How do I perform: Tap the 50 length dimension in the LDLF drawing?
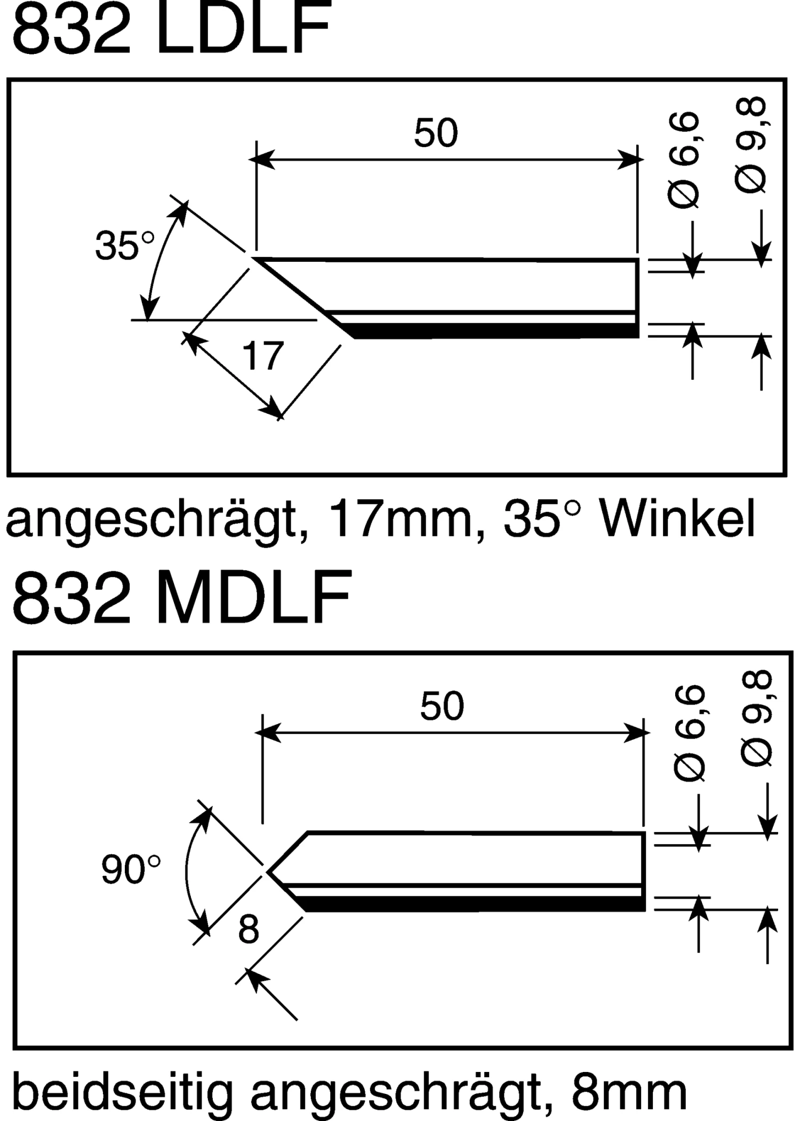[x=436, y=133]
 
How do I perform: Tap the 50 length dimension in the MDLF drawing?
[x=442, y=706]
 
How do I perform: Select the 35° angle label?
[x=125, y=246]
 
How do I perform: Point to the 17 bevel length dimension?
[x=262, y=356]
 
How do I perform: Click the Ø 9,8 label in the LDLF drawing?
[x=751, y=145]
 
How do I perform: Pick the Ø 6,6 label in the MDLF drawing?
[x=690, y=733]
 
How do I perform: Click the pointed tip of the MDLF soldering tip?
[x=270, y=872]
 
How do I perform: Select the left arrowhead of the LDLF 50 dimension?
[x=263, y=159]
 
